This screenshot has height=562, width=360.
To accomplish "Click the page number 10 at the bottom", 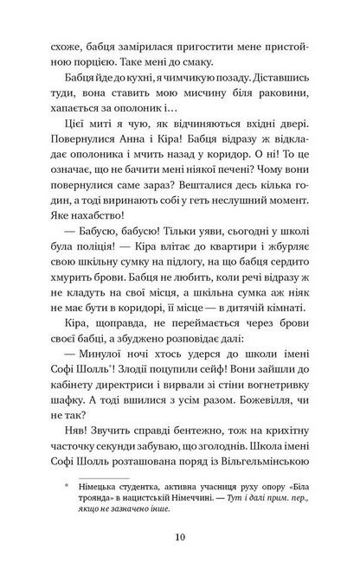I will (179, 536).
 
